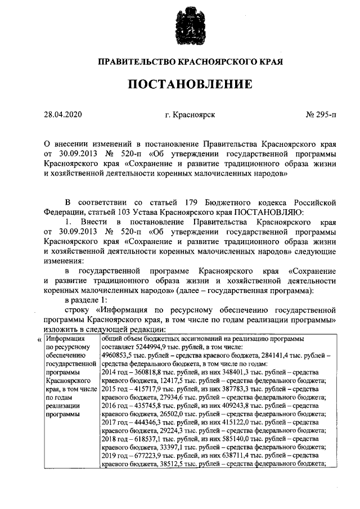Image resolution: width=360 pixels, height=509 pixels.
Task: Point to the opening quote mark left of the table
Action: click(39, 340)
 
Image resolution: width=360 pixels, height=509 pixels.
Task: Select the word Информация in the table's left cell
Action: click(66, 339)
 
